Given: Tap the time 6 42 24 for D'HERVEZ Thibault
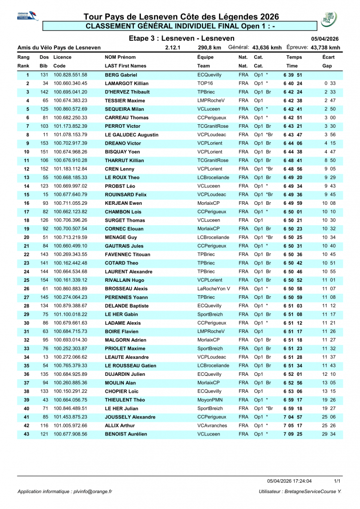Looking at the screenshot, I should tap(293, 92).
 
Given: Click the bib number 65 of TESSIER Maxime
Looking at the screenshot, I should tap(45, 100).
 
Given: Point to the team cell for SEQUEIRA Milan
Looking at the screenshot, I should tap(209, 109).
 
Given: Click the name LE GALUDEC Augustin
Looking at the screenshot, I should tap(132, 135).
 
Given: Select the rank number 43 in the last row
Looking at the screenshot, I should tap(27, 434).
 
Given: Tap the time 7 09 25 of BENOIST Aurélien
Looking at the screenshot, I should tap(293, 434).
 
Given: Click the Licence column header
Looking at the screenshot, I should tap(62, 57).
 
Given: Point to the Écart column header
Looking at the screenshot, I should tap(328, 57).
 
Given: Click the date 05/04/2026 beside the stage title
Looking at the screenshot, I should tap(325, 38).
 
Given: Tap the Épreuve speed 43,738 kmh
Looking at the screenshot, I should tap(325, 48).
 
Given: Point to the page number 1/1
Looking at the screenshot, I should tap(337, 481).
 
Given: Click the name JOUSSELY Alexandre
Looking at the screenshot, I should tap(130, 417).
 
